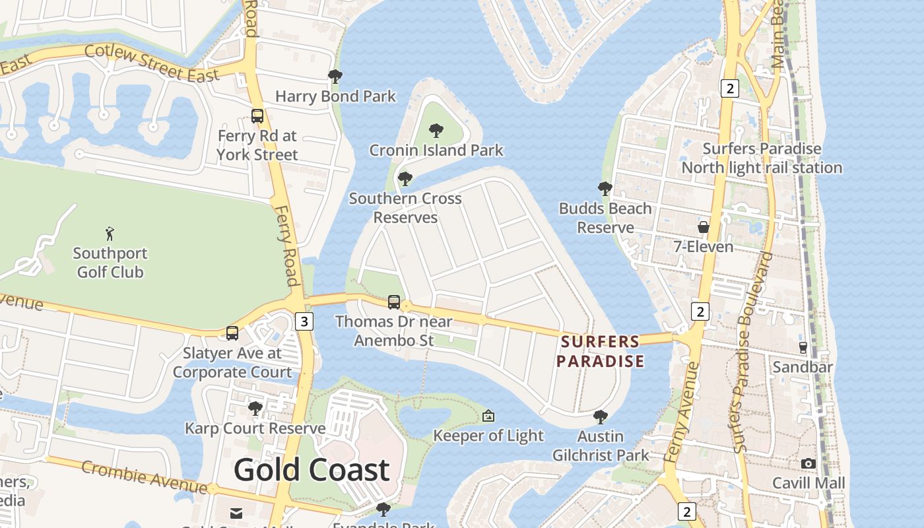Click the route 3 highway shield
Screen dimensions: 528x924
click(304, 321)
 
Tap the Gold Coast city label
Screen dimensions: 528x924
click(312, 470)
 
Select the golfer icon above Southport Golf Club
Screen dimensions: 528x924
click(110, 233)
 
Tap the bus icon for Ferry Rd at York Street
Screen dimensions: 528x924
click(257, 116)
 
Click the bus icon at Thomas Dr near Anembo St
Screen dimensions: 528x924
click(394, 302)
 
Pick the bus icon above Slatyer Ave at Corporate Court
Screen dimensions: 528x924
click(232, 333)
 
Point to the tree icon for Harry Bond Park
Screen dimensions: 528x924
click(335, 77)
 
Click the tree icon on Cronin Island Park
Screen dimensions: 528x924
click(436, 131)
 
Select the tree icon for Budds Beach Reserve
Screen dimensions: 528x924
click(605, 189)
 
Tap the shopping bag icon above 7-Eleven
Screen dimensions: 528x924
click(704, 227)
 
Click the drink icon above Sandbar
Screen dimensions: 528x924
click(803, 347)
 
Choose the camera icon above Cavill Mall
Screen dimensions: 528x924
click(808, 463)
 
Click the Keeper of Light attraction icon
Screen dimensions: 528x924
click(488, 416)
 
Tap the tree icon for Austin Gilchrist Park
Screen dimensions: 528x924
click(601, 417)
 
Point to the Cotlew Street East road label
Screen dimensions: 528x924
click(152, 63)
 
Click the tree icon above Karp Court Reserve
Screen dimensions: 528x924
click(255, 409)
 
